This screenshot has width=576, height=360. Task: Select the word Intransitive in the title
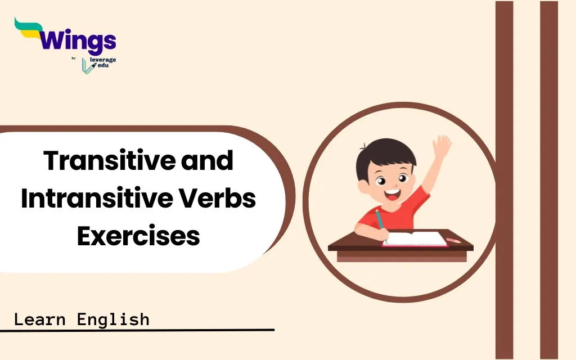[97, 199]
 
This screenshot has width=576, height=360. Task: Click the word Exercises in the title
[138, 236]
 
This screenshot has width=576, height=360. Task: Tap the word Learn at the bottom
[40, 319]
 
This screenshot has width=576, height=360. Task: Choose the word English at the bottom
[113, 319]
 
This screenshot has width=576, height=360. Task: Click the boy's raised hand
[442, 147]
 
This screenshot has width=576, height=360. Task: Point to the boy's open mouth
[392, 194]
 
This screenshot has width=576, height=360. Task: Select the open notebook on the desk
[415, 238]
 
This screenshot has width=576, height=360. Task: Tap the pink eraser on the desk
[454, 240]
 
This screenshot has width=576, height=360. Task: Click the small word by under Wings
[74, 58]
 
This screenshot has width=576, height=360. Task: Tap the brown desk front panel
[402, 256]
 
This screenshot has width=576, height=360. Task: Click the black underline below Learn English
[137, 330]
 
